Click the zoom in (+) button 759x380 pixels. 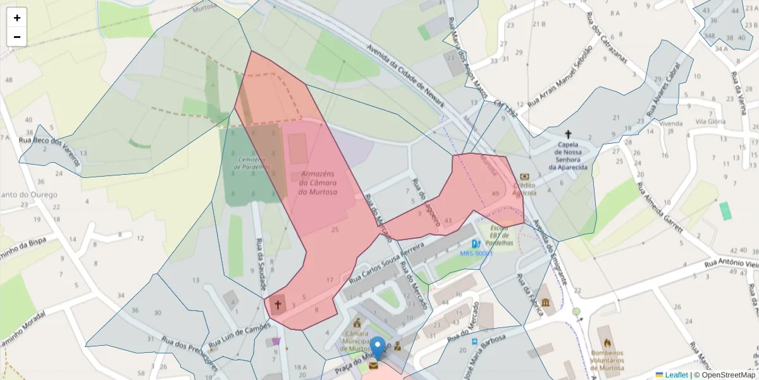(x=17, y=18)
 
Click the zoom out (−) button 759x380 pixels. (x=17, y=37)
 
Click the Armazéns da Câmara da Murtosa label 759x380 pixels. (x=318, y=182)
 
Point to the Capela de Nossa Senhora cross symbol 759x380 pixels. (x=568, y=134)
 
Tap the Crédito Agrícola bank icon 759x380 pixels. (x=524, y=177)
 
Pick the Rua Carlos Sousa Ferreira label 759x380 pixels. (x=386, y=260)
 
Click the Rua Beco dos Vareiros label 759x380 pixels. (x=50, y=152)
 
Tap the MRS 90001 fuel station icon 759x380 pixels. (x=475, y=244)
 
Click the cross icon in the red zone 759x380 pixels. (x=277, y=305)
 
